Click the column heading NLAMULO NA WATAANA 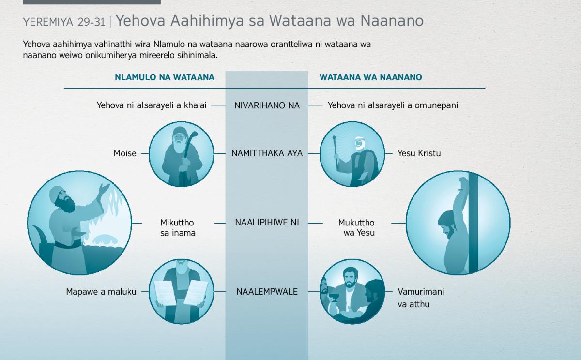[x=165, y=77]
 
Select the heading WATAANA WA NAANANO [x=371, y=77]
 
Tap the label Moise [x=125, y=153]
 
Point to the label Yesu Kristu [x=419, y=153]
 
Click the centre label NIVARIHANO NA [x=267, y=105]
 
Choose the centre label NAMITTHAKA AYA [x=267, y=153]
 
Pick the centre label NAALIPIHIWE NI [x=267, y=223]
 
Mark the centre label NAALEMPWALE [x=267, y=292]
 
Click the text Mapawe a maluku [x=101, y=292]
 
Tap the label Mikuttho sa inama [x=178, y=227]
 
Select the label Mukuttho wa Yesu [x=356, y=227]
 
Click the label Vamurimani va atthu [x=421, y=298]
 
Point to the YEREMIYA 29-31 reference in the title [x=64, y=22]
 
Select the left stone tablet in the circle [x=165, y=293]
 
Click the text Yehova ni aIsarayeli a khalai [x=152, y=105]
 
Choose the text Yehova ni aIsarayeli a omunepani [x=393, y=105]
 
